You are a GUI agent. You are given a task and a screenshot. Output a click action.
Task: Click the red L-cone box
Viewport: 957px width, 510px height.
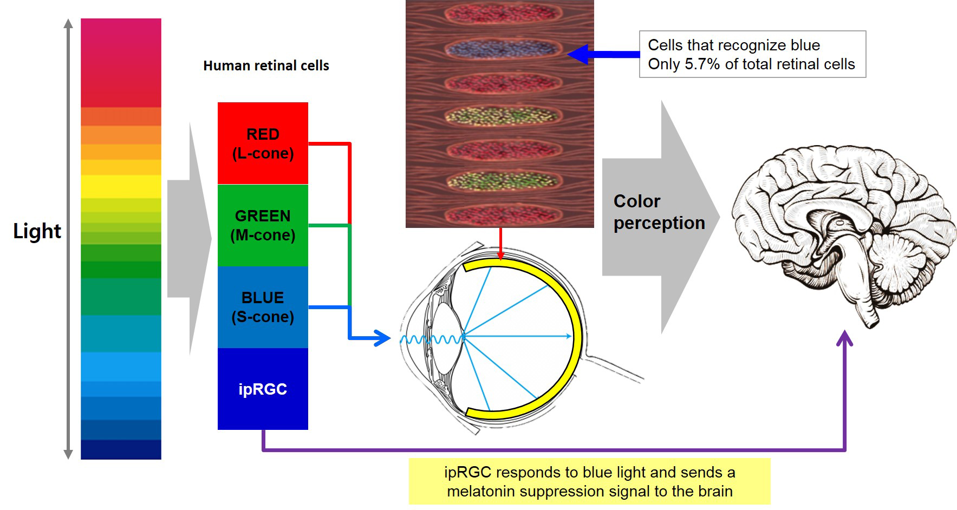pyautogui.click(x=263, y=143)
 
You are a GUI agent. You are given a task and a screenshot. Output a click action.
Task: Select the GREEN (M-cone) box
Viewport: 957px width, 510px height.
pyautogui.click(x=263, y=225)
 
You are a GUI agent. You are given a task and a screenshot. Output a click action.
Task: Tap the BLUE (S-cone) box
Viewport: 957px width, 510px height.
pyautogui.click(x=263, y=307)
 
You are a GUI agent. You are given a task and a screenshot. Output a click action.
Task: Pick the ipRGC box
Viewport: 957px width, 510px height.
pyautogui.click(x=263, y=389)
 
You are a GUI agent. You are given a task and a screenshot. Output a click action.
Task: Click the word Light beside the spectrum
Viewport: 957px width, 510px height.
pyautogui.click(x=37, y=231)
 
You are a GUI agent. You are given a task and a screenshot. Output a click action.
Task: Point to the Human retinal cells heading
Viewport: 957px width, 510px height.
pyautogui.click(x=266, y=66)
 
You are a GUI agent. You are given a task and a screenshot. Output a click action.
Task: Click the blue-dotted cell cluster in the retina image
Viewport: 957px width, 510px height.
pyautogui.click(x=502, y=49)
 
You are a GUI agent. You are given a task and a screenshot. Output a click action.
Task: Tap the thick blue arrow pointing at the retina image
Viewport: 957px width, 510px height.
pyautogui.click(x=601, y=54)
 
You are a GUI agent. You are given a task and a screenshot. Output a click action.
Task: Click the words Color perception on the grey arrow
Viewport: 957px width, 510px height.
pyautogui.click(x=658, y=212)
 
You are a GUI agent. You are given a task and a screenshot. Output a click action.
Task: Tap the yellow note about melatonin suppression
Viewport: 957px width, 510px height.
pyautogui.click(x=589, y=481)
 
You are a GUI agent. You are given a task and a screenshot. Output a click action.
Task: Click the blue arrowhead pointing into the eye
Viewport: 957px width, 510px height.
pyautogui.click(x=382, y=338)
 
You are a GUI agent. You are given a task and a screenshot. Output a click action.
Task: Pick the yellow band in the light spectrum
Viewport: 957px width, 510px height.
pyautogui.click(x=121, y=186)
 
